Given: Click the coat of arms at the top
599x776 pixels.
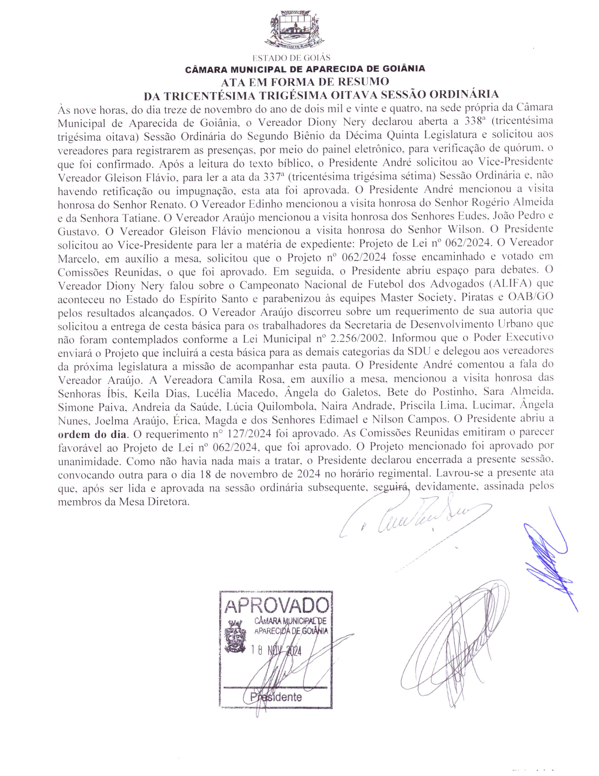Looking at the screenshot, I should click(x=294, y=30).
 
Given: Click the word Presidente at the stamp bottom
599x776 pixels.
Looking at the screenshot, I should click(x=276, y=697).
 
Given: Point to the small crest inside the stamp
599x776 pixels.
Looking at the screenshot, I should click(x=235, y=636).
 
